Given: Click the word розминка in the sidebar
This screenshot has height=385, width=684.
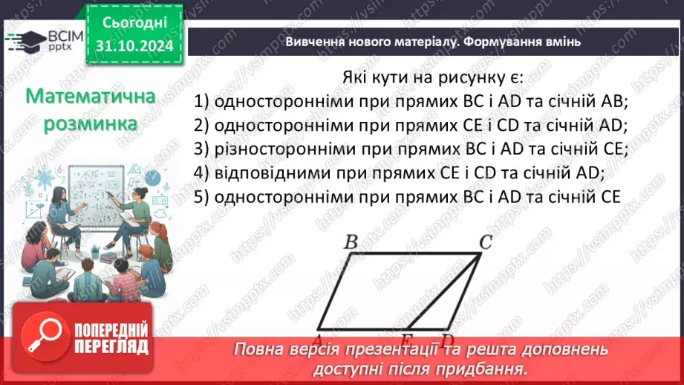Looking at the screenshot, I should pyautogui.click(x=90, y=123).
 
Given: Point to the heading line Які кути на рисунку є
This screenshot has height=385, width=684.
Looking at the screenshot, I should pyautogui.click(x=433, y=78).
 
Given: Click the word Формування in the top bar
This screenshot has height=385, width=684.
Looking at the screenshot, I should pyautogui.click(x=504, y=42).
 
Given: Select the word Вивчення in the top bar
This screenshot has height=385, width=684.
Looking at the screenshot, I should pyautogui.click(x=315, y=42).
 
